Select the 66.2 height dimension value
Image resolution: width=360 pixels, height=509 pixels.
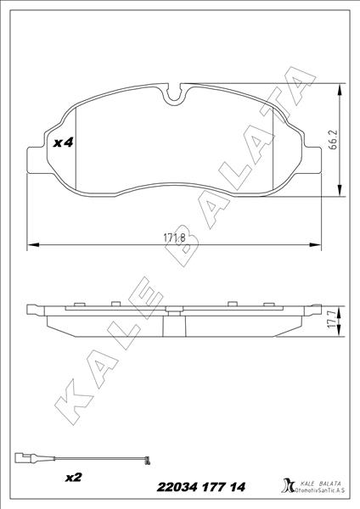334,138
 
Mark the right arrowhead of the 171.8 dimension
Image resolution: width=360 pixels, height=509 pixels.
319,245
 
